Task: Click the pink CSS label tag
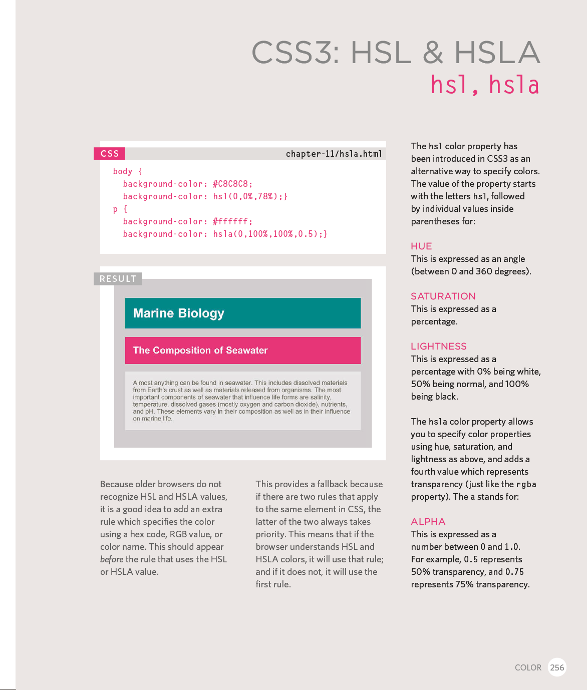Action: pyautogui.click(x=110, y=154)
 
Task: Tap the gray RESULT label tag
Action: pyautogui.click(x=118, y=279)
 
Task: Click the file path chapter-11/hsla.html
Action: pyautogui.click(x=334, y=154)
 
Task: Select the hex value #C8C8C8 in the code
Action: pyautogui.click(x=232, y=184)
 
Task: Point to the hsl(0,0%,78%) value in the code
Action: pyautogui.click(x=250, y=196)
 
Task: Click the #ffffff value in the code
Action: pyautogui.click(x=232, y=221)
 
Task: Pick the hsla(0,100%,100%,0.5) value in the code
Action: pyautogui.click(x=270, y=234)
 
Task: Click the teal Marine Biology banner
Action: pyautogui.click(x=242, y=313)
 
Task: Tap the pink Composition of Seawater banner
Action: pyautogui.click(x=242, y=351)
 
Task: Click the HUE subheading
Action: pyautogui.click(x=421, y=246)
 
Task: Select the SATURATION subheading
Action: pyautogui.click(x=443, y=296)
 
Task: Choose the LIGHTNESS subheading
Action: pyautogui.click(x=438, y=347)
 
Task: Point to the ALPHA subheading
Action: pyautogui.click(x=428, y=522)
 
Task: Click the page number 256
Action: pyautogui.click(x=557, y=667)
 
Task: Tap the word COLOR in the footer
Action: pyautogui.click(x=528, y=667)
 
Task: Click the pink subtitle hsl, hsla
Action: pyautogui.click(x=485, y=85)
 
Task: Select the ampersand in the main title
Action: pyautogui.click(x=433, y=53)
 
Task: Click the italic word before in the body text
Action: pyautogui.click(x=112, y=559)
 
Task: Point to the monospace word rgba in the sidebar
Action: pyautogui.click(x=526, y=484)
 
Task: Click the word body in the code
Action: pyautogui.click(x=123, y=171)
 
